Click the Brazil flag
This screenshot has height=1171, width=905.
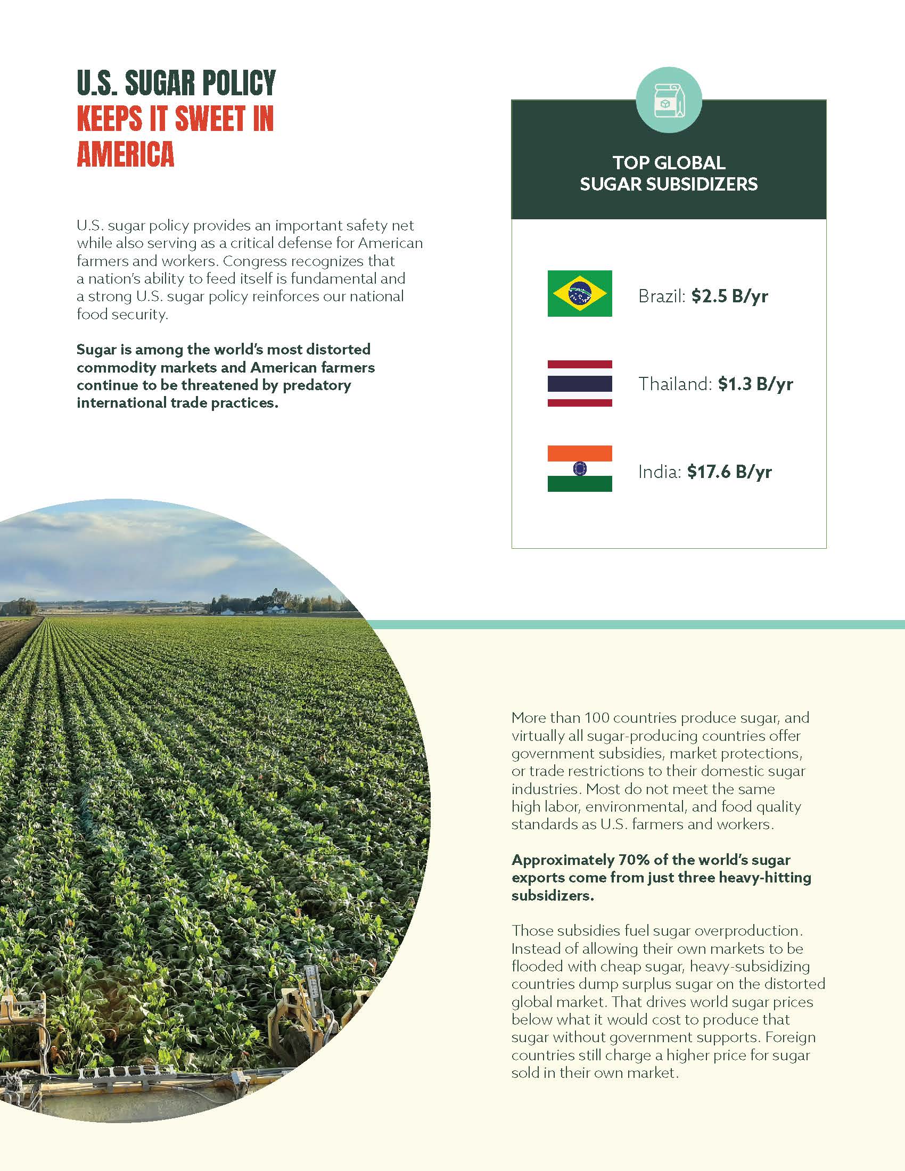tap(580, 293)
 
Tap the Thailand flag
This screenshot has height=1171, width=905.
tap(580, 383)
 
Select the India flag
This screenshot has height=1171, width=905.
tap(580, 468)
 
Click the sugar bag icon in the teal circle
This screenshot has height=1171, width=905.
tap(669, 100)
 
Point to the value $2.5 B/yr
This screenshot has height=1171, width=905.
tap(729, 296)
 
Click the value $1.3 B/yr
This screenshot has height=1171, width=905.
tap(755, 384)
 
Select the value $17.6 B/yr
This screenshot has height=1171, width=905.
tap(729, 472)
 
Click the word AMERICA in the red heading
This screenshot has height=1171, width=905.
tap(126, 154)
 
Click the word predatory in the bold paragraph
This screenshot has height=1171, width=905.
tap(317, 385)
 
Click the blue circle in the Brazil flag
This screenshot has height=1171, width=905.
tap(580, 293)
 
